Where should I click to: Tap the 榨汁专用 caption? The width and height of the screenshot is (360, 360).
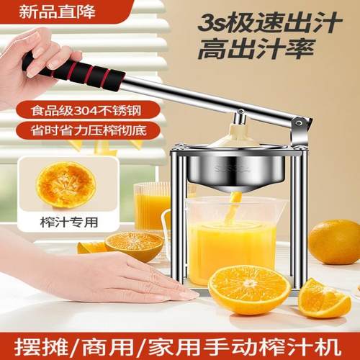point(63,223)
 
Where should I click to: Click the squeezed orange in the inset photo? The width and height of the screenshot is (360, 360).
point(66,184)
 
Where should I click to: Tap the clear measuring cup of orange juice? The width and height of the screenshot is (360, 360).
point(230,241)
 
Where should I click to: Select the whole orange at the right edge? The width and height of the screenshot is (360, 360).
point(336,241)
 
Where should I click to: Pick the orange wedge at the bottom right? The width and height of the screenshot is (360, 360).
point(323,298)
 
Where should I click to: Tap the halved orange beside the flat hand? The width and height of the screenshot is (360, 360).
point(133,246)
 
